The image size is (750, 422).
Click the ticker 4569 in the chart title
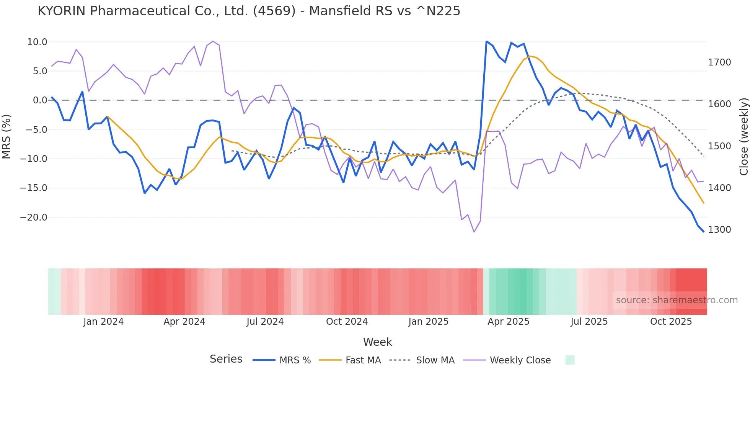[274, 11]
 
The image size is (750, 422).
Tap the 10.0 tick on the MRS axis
[37, 42]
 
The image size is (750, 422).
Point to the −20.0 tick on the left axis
[34, 218]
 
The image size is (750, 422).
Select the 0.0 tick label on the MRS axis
[40, 100]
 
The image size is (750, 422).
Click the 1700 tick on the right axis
[719, 62]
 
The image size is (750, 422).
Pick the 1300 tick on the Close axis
[719, 230]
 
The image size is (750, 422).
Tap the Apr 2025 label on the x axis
[508, 322]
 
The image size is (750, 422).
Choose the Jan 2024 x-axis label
[103, 322]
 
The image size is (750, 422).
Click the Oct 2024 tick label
[347, 322]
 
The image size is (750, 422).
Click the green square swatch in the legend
[570, 360]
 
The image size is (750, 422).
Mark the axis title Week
[377, 342]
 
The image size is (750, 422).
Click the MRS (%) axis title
[7, 136]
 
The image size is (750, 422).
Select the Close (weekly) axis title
[743, 136]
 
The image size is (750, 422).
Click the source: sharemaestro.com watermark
[677, 300]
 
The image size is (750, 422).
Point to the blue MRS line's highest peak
[486, 41]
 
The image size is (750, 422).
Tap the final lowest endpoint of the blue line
[703, 231]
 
